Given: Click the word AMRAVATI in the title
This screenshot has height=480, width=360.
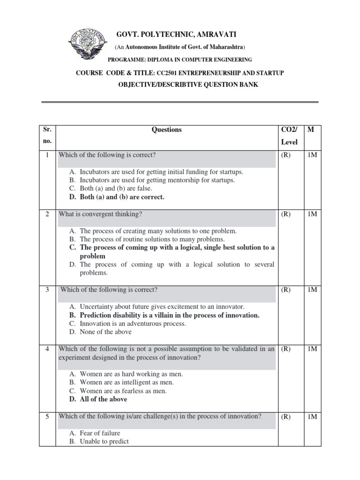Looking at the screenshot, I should click(x=214, y=35).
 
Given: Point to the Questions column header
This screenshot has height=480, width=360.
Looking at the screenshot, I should click(x=166, y=130).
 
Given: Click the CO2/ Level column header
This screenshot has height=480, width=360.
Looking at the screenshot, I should click(x=289, y=135).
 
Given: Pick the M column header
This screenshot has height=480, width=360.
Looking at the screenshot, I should click(x=310, y=130).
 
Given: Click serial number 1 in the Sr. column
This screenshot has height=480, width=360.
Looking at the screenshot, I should click(x=47, y=155).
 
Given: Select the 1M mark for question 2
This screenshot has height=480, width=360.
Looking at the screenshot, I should click(x=312, y=214).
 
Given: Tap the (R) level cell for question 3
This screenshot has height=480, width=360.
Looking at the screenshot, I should click(x=286, y=290).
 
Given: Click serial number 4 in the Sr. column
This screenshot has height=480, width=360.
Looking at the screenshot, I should click(x=47, y=349).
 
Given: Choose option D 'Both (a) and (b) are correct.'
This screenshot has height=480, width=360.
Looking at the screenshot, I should click(x=122, y=197).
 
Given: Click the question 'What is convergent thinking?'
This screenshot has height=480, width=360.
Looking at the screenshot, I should click(x=100, y=214).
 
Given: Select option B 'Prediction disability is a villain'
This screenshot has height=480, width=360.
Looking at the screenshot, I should click(x=169, y=315).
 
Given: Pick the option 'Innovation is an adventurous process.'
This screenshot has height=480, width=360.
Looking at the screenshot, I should click(x=133, y=323).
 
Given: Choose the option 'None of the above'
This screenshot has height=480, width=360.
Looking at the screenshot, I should click(x=105, y=332).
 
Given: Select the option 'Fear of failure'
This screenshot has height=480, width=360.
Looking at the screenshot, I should click(x=100, y=433).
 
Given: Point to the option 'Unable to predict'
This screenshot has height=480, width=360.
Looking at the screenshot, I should click(x=104, y=442).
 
